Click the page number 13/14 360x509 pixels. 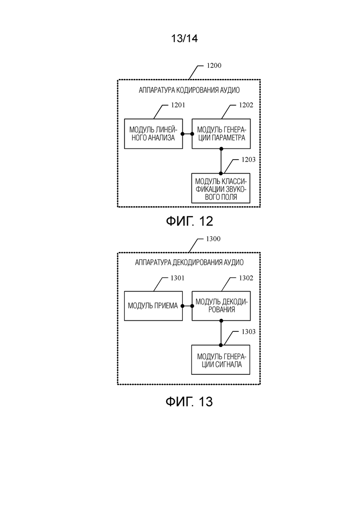(x=184, y=39)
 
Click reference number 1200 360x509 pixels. (x=214, y=66)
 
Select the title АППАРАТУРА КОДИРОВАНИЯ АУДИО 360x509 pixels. (x=189, y=90)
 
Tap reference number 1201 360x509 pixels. (x=178, y=105)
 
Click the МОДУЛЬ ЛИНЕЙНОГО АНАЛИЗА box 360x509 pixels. (x=154, y=134)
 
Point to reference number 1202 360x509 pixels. (x=246, y=105)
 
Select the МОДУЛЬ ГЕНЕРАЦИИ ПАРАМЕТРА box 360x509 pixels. (x=221, y=134)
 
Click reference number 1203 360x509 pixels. (x=248, y=159)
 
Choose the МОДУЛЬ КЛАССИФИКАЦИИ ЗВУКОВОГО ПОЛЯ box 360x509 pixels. (x=221, y=189)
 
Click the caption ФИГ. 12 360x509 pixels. (x=190, y=221)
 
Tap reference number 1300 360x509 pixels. (x=213, y=239)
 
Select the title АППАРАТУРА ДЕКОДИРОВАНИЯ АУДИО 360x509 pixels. (x=189, y=262)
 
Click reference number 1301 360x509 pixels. (x=177, y=278)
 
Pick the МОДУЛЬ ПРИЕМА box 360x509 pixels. (x=154, y=306)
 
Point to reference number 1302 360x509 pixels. (x=246, y=278)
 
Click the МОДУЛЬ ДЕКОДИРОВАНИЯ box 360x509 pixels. (x=221, y=306)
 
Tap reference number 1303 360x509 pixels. (x=248, y=332)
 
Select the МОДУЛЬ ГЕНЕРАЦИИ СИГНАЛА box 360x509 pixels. (x=221, y=359)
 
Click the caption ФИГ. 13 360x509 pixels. (x=189, y=401)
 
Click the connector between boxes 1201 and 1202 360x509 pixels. (x=187, y=134)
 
